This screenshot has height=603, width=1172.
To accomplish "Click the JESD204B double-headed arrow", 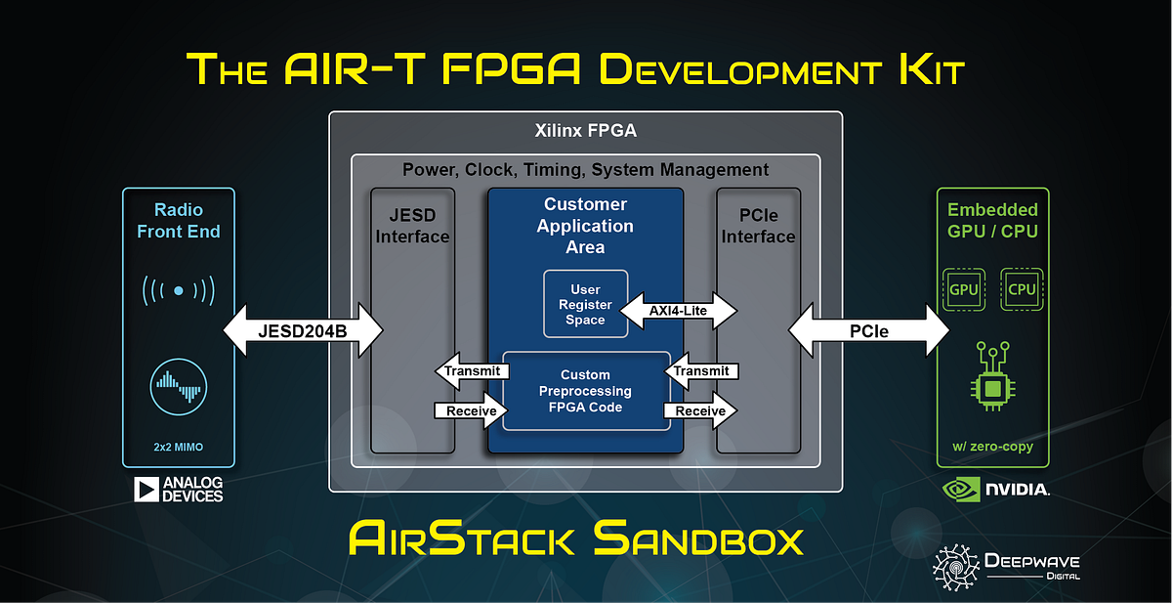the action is point(303,330).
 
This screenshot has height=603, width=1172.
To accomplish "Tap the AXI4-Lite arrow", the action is point(678,311).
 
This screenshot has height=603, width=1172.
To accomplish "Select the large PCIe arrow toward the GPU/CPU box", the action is point(868,330).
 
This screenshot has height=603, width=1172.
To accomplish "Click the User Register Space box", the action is point(585,304).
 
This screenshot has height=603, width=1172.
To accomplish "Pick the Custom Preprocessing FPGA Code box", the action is point(586,391).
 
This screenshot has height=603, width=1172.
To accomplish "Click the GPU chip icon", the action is point(964,289).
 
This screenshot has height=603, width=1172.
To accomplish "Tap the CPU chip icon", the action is point(1022,289).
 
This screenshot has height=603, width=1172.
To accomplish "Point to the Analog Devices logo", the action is point(179,490).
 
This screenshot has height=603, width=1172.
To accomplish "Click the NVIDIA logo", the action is point(995,490).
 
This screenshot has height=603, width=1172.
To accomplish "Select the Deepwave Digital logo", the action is point(1006,568).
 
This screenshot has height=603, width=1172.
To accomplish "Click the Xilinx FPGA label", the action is point(585,130).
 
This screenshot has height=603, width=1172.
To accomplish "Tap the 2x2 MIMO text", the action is point(179,447).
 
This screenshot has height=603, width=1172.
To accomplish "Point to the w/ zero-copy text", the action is point(992,447).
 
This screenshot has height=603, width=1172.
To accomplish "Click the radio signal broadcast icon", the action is point(179,290).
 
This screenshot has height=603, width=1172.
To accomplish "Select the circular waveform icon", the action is point(179,387).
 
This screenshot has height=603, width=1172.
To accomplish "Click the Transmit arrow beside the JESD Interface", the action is point(472,371).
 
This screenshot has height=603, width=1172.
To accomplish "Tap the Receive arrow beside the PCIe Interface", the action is point(700,410).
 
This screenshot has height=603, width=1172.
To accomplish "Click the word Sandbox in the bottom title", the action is point(698,538).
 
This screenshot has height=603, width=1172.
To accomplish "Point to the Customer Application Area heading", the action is point(585,226).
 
